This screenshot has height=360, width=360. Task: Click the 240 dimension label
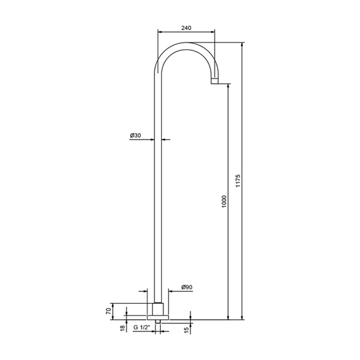[x=186, y=28]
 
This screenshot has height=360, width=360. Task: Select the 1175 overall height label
[x=238, y=181]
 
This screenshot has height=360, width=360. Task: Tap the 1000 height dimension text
[x=224, y=202]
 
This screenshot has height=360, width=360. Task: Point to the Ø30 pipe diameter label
[x=135, y=135]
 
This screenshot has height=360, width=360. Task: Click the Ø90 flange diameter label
[x=187, y=287]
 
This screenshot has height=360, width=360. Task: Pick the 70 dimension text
[x=109, y=311]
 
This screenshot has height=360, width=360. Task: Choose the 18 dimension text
[x=123, y=328]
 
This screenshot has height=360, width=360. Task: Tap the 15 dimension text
[x=186, y=330]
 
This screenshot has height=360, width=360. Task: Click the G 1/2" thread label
[x=141, y=328]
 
